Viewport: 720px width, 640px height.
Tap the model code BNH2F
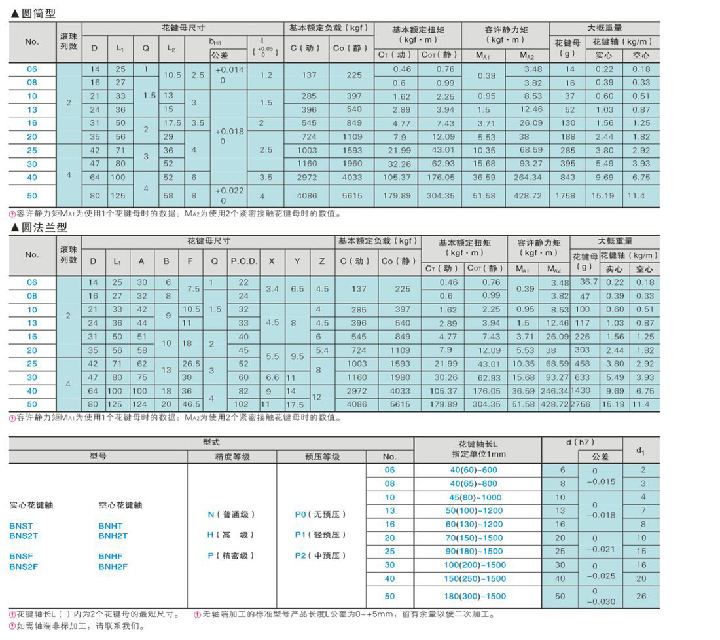click(113, 567)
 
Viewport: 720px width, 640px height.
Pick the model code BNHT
click(110, 526)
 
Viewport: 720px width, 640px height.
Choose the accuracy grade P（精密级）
click(231, 555)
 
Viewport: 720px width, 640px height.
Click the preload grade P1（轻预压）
click(320, 535)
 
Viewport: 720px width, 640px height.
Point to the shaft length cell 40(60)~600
click(478, 470)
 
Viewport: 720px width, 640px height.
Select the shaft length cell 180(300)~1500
click(478, 596)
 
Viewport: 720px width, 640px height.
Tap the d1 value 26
click(641, 596)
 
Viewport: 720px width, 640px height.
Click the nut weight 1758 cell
click(569, 195)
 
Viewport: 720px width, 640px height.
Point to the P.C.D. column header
click(243, 261)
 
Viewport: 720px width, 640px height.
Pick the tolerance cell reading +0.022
click(228, 190)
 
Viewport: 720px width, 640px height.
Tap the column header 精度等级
click(232, 457)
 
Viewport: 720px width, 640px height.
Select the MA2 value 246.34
click(554, 391)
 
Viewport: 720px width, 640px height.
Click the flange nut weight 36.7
click(581, 282)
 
